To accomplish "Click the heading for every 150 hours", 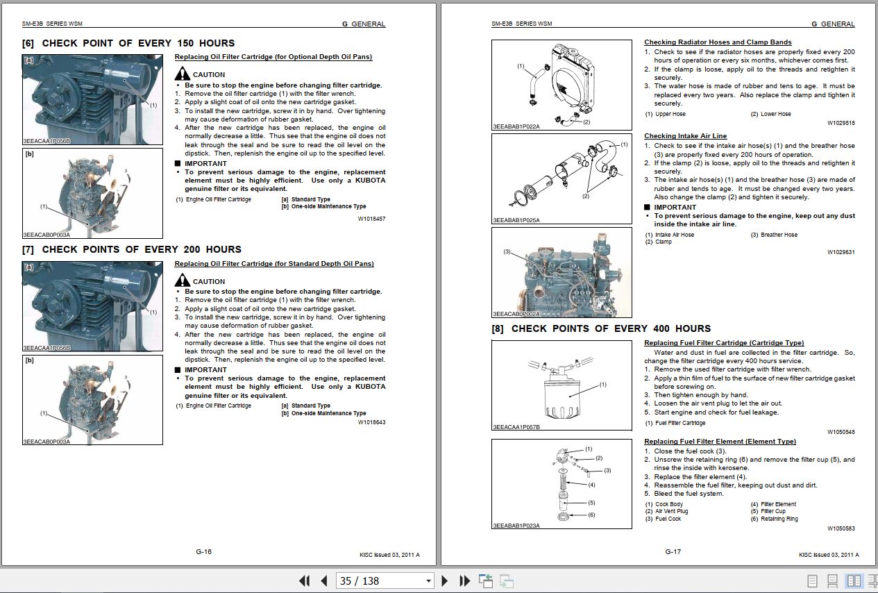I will pyautogui.click(x=128, y=43).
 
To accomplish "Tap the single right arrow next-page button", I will pyautogui.click(x=445, y=581).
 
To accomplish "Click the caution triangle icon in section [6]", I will pyautogui.click(x=182, y=74).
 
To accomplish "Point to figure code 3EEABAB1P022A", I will pyautogui.click(x=516, y=126).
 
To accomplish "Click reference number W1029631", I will pyautogui.click(x=841, y=252).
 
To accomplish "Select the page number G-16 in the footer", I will pyautogui.click(x=203, y=552).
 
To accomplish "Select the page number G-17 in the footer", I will pyautogui.click(x=673, y=552).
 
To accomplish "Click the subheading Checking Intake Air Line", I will pyautogui.click(x=685, y=136).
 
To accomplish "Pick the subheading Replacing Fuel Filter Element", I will pyautogui.click(x=720, y=442).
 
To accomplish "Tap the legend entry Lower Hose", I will pyautogui.click(x=775, y=114).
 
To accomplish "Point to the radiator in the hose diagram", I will pyautogui.click(x=573, y=76).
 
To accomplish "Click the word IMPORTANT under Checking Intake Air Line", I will pyautogui.click(x=675, y=207).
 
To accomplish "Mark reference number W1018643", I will pyautogui.click(x=371, y=422).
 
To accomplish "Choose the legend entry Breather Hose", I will pyautogui.click(x=779, y=235).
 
